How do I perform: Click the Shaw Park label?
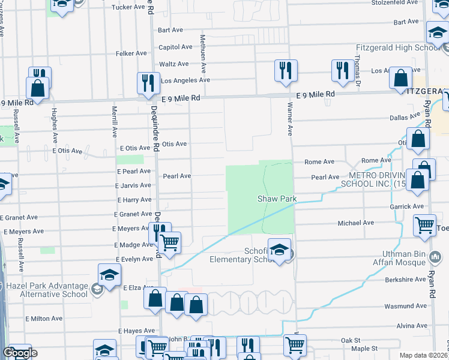tap(277, 199)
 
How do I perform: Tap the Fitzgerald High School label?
tap(406, 48)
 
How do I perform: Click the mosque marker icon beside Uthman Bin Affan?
tap(436, 257)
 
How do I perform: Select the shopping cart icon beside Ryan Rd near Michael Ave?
tap(425, 226)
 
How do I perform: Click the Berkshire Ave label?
tap(405, 280)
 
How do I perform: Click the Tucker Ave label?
tap(129, 7)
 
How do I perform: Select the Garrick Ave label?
tap(406, 206)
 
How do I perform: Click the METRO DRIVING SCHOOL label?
tap(368, 179)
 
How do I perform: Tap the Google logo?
tap(20, 353)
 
